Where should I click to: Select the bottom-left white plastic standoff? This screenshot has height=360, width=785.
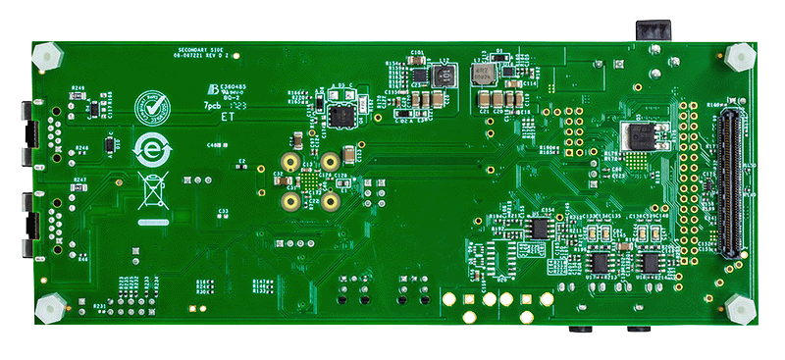[x=46, y=309]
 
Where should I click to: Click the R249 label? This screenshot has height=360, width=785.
[x=78, y=88]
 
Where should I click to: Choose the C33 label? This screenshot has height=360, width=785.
[x=224, y=210]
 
